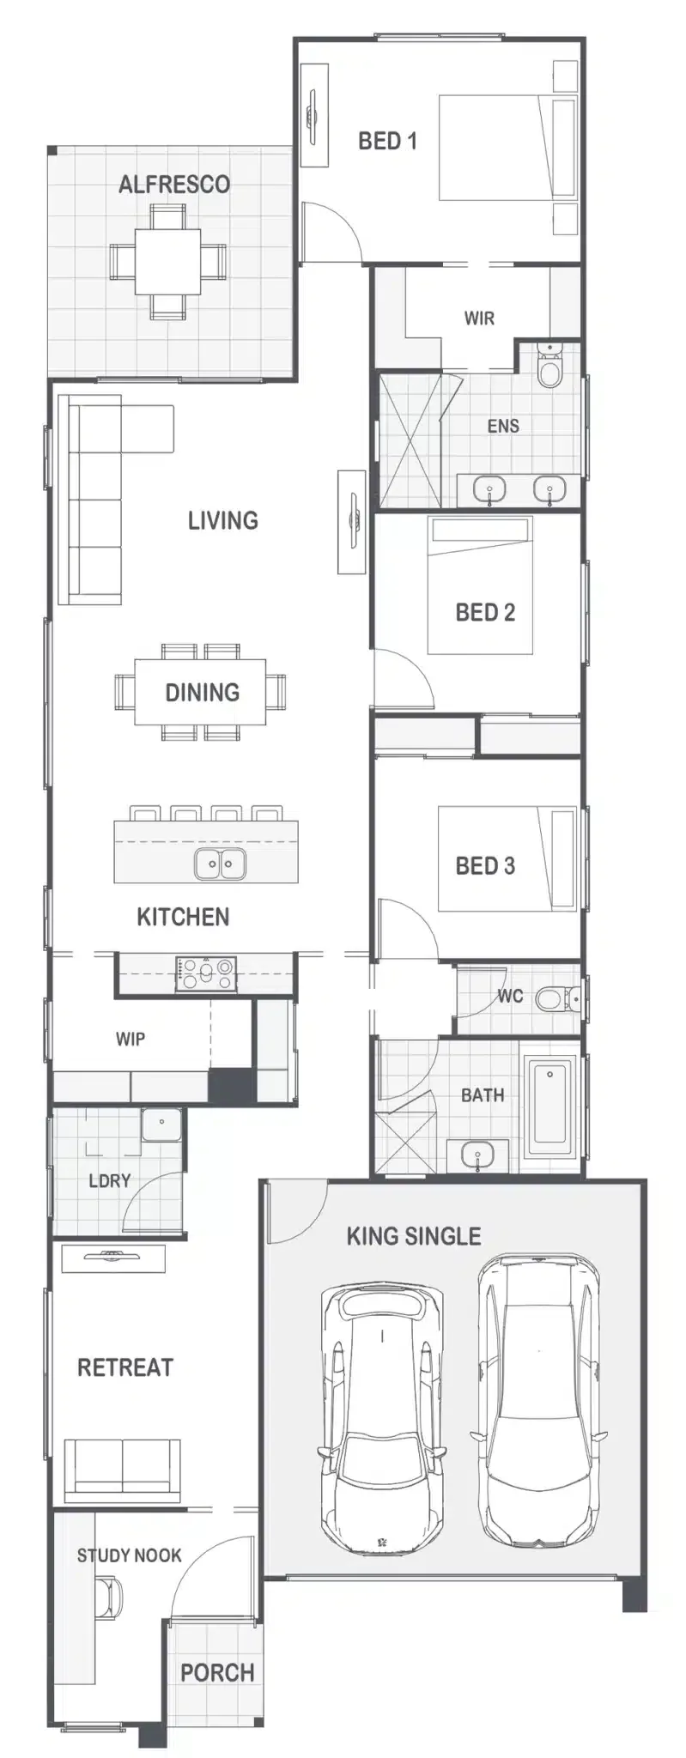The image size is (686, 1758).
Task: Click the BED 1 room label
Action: tap(387, 141)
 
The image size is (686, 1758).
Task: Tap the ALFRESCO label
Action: tap(174, 185)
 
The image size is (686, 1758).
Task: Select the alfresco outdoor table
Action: tap(168, 261)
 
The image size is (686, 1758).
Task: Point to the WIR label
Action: tap(479, 318)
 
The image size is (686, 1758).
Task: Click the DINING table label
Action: tap(203, 692)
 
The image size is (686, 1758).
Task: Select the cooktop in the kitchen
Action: tap(206, 973)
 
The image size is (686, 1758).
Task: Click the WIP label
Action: tap(131, 1040)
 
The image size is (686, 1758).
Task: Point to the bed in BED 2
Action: tap(480, 585)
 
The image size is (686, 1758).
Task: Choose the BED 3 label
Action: tap(485, 865)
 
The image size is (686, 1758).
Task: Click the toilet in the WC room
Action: tap(557, 998)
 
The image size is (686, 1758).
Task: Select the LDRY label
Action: tap(110, 1181)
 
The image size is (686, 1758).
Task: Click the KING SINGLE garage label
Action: tap(414, 1236)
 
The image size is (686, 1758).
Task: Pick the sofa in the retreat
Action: tap(122, 1470)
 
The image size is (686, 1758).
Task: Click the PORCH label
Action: tap(217, 1672)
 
